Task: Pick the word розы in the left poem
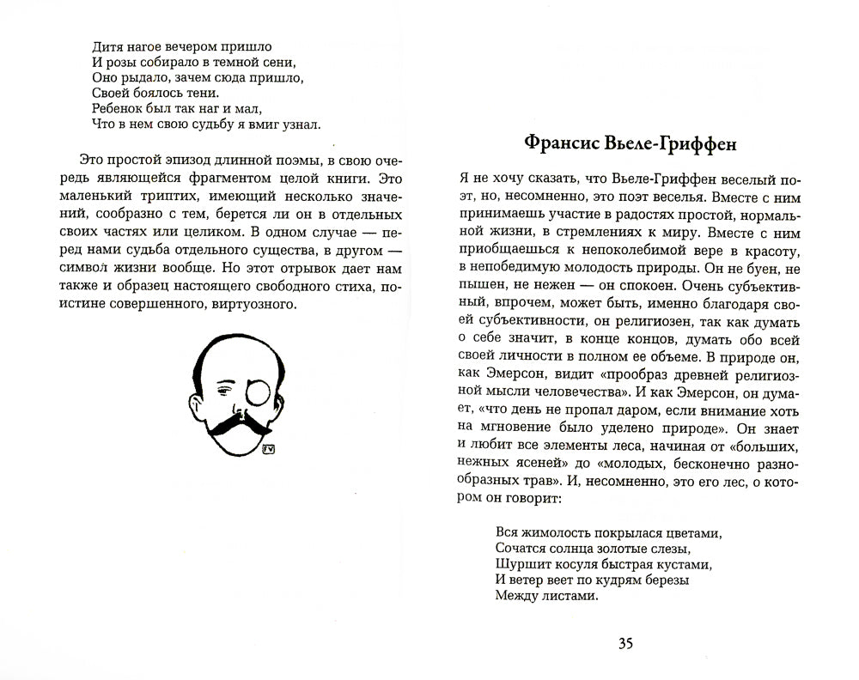[119, 63]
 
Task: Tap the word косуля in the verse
[584, 564]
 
